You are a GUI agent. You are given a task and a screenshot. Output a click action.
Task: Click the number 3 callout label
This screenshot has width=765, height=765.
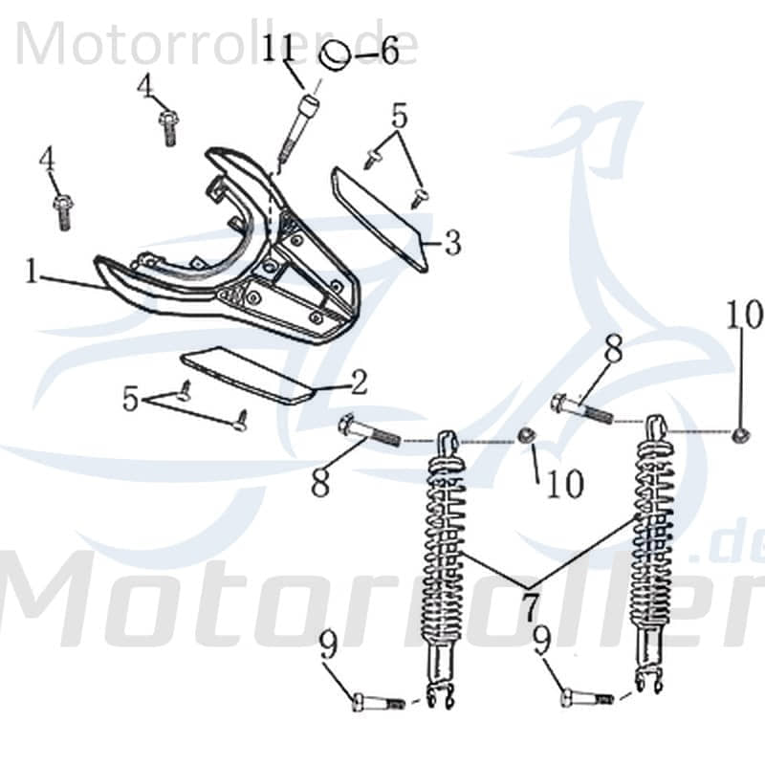(451, 243)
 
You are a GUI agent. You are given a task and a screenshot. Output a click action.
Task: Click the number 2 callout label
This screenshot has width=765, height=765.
(358, 384)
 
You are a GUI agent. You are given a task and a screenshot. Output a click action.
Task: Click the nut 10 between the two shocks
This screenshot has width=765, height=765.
(525, 438)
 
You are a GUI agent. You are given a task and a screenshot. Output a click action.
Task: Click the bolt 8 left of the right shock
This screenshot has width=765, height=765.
(580, 408)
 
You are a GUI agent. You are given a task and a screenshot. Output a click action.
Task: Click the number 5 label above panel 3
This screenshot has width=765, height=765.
(399, 119)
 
